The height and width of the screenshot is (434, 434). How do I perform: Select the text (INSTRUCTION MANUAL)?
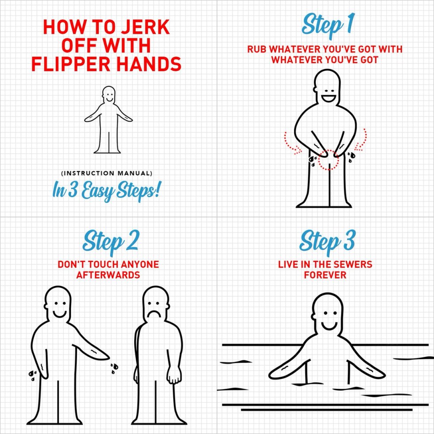pos(106,173)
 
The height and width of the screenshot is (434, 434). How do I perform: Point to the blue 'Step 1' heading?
pos(327,25)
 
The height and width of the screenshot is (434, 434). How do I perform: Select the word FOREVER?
pos(325,275)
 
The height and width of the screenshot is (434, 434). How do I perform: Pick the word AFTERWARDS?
pos(108,275)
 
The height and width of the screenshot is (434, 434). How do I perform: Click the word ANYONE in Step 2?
pos(136,265)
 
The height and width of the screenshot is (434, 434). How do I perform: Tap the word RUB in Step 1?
pos(256,49)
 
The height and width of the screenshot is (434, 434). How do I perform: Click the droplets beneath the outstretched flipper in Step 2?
pos(114,367)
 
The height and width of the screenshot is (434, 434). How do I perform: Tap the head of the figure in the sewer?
pos(327,312)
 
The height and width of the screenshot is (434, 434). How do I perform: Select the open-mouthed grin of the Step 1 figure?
pos(329,97)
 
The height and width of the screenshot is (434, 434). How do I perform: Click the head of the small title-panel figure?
pos(108,93)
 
